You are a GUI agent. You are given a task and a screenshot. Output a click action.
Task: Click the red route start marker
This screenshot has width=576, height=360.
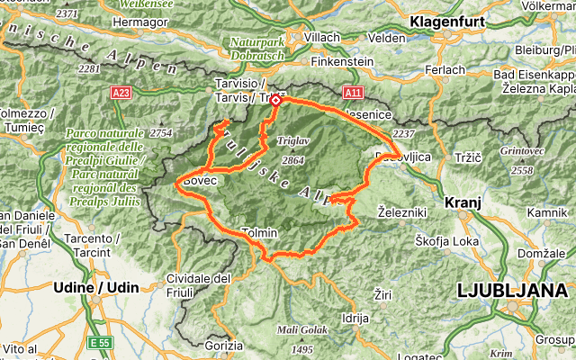click(275, 101)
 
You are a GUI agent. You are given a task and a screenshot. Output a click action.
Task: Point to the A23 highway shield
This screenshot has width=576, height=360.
click(122, 92)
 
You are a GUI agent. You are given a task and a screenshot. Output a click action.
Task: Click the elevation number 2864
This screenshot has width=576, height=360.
click(293, 159)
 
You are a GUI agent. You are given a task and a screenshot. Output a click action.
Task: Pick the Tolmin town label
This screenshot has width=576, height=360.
click(259, 233)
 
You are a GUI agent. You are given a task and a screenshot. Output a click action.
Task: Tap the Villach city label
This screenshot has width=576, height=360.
click(322, 37)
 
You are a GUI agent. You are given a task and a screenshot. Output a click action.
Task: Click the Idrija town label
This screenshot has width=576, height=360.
click(355, 318)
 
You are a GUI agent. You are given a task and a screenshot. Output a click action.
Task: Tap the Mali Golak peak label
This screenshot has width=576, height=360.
click(301, 330)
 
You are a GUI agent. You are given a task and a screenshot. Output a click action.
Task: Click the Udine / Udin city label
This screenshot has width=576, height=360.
click(97, 285)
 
